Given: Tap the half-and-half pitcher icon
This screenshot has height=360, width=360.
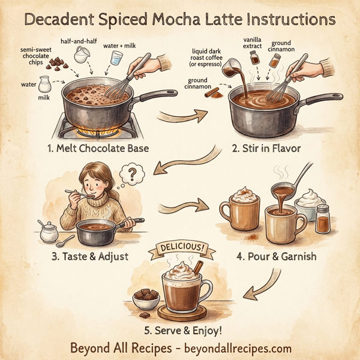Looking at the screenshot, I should click(81, 55).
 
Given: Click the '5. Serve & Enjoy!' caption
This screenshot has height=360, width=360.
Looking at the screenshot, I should click(179, 330).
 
